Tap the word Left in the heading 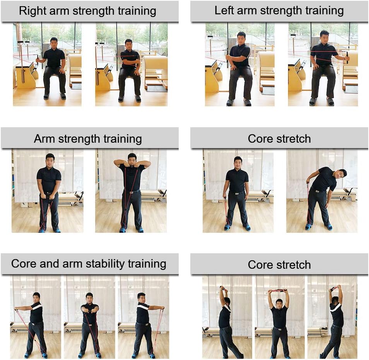pyautogui.click(x=224, y=10)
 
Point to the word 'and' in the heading pyautogui.click(x=50, y=264)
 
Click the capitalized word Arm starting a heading pyautogui.click(x=45, y=138)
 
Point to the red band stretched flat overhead pyautogui.click(x=278, y=292)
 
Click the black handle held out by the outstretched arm pyautogui.click(x=348, y=57)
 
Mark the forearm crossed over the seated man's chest pyautogui.click(x=130, y=61)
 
